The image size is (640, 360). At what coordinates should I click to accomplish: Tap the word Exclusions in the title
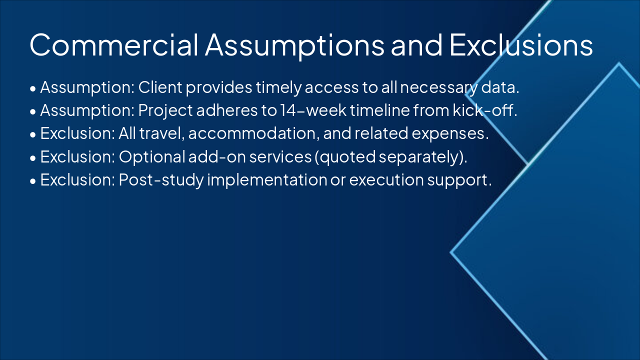tap(521, 45)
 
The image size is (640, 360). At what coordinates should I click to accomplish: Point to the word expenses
tap(452, 133)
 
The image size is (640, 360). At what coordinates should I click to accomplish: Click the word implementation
tap(266, 179)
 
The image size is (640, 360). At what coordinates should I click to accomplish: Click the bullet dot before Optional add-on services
tap(33, 158)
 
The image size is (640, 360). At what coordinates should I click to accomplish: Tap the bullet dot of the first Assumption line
tap(33, 89)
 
